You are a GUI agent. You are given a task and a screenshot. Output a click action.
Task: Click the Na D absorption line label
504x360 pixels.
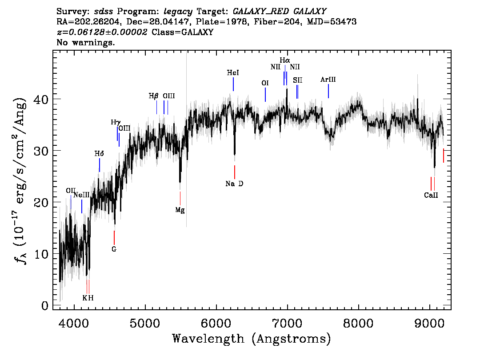(x=234, y=184)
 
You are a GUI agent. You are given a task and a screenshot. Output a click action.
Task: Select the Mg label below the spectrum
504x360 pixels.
(x=180, y=211)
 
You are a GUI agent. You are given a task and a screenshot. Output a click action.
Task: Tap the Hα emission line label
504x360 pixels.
(x=285, y=60)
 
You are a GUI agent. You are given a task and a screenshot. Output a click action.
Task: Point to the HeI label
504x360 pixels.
(x=233, y=73)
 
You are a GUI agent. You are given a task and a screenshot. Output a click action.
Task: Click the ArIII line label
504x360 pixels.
(x=328, y=80)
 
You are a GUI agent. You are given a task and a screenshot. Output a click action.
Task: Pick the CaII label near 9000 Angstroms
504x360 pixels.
(x=431, y=196)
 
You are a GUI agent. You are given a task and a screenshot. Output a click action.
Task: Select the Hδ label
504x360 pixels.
(x=99, y=154)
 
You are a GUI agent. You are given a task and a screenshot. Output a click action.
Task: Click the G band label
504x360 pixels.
(x=114, y=249)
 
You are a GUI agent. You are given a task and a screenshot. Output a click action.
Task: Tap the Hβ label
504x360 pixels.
(x=154, y=96)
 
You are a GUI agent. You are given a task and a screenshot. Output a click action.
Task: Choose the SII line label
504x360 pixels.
(x=298, y=80)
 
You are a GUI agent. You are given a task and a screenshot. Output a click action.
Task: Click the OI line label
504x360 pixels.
(x=265, y=83)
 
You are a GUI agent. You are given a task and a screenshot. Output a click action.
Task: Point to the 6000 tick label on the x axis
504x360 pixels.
(x=216, y=323)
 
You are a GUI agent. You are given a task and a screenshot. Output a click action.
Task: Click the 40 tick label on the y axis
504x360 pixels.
(x=41, y=99)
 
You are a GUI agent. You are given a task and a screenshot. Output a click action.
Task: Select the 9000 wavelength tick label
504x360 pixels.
(x=429, y=323)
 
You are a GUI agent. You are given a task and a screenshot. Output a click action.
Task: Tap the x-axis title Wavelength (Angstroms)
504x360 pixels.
(x=252, y=339)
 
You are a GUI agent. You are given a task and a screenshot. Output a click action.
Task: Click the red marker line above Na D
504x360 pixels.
(x=235, y=172)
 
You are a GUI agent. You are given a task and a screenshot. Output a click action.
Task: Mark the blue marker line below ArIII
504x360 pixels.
(x=328, y=91)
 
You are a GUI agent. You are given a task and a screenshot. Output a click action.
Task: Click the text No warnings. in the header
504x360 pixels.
(x=85, y=42)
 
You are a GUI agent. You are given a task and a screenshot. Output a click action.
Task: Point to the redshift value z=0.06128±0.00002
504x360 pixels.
(x=102, y=32)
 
